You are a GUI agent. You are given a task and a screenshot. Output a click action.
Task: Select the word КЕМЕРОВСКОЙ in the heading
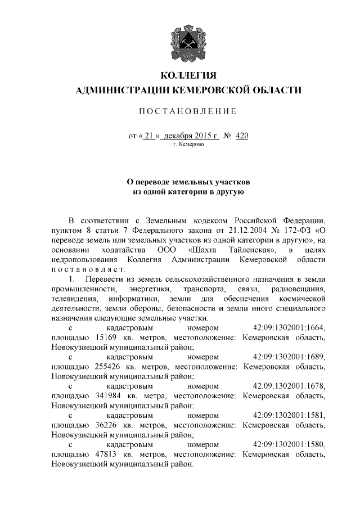[x=214, y=90]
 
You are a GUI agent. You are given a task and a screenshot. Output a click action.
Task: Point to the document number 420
[x=242, y=136]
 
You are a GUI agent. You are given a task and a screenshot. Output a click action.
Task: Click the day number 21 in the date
[x=148, y=136]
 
